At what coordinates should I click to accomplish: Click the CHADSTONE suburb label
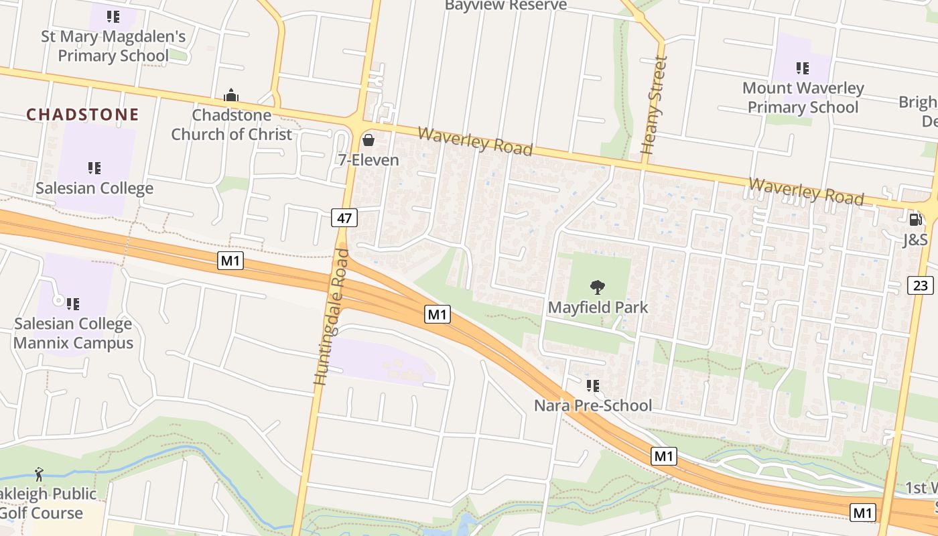click(82, 115)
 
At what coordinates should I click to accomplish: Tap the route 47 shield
click(344, 218)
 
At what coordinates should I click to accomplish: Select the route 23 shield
click(921, 285)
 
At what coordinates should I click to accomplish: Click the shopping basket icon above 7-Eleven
click(368, 140)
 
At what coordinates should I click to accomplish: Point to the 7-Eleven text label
click(368, 160)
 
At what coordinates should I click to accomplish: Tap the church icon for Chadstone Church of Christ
click(231, 96)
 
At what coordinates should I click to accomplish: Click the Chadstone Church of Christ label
click(232, 125)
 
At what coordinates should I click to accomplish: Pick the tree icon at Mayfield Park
click(598, 287)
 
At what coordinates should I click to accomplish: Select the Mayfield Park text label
click(598, 308)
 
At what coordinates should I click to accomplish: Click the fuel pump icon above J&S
click(915, 219)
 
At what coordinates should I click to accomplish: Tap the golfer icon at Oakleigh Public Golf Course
click(39, 475)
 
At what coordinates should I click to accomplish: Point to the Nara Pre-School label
click(593, 405)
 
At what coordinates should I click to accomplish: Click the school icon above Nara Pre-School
click(593, 385)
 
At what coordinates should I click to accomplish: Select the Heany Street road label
click(655, 106)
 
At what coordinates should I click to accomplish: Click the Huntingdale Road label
click(331, 317)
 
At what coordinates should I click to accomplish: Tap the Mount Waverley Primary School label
click(803, 98)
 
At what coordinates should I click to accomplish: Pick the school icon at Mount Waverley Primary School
click(803, 68)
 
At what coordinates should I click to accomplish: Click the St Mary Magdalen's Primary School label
click(113, 46)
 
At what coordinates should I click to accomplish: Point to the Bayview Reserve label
click(506, 5)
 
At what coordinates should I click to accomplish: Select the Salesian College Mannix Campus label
click(74, 334)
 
